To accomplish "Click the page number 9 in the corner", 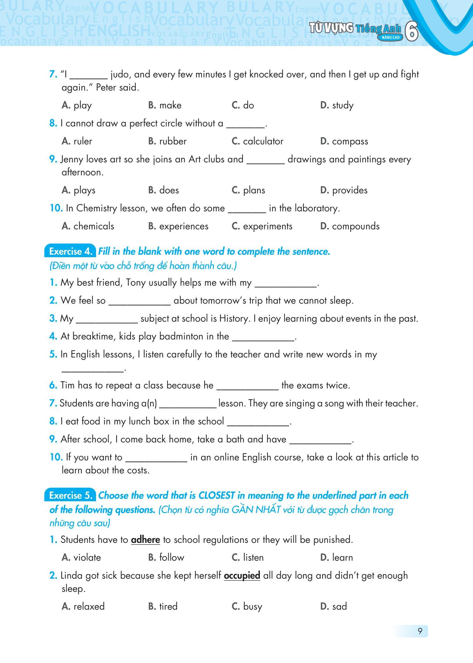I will click(x=420, y=631).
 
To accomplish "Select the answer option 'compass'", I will click(x=350, y=141).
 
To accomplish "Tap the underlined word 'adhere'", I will click(x=145, y=540).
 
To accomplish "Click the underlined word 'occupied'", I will click(x=242, y=576).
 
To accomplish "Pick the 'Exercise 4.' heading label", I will click(x=71, y=252).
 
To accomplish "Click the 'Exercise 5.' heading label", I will click(x=71, y=496).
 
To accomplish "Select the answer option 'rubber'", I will click(x=173, y=141).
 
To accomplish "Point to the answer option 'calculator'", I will click(x=263, y=141).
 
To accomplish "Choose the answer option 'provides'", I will click(x=349, y=190).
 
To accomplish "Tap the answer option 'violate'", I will click(x=87, y=558).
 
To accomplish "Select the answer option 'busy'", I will click(x=252, y=606).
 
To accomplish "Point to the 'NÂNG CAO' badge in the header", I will click(x=389, y=38).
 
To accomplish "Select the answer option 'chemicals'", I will click(x=94, y=226).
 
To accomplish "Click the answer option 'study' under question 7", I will click(x=343, y=105).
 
